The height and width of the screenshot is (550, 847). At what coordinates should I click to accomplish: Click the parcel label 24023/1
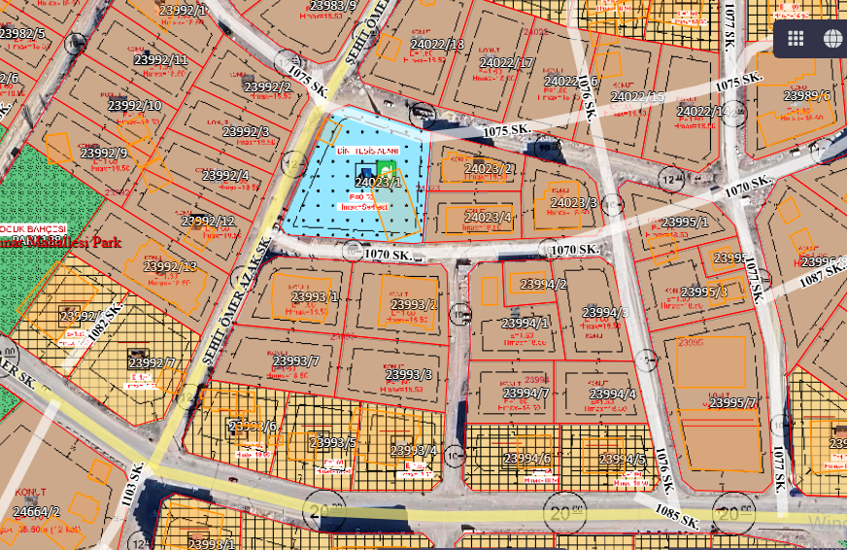click(x=378, y=182)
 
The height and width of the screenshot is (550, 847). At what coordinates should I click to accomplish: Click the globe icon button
click(x=832, y=38)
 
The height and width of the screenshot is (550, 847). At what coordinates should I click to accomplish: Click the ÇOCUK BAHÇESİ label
click(x=33, y=228)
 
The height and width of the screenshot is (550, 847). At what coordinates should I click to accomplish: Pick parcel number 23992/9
click(x=104, y=153)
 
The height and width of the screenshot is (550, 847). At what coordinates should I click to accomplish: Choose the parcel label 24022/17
click(x=507, y=63)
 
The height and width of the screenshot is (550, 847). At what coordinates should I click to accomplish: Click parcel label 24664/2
click(x=36, y=511)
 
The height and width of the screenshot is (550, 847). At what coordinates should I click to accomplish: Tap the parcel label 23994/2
click(x=543, y=285)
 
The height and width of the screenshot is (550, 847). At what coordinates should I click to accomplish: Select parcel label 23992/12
click(x=208, y=222)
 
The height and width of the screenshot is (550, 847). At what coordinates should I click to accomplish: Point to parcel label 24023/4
click(x=488, y=217)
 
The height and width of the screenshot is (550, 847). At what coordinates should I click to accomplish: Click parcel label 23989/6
click(x=807, y=95)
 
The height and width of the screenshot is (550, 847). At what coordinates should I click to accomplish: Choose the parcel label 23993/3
click(x=409, y=374)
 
